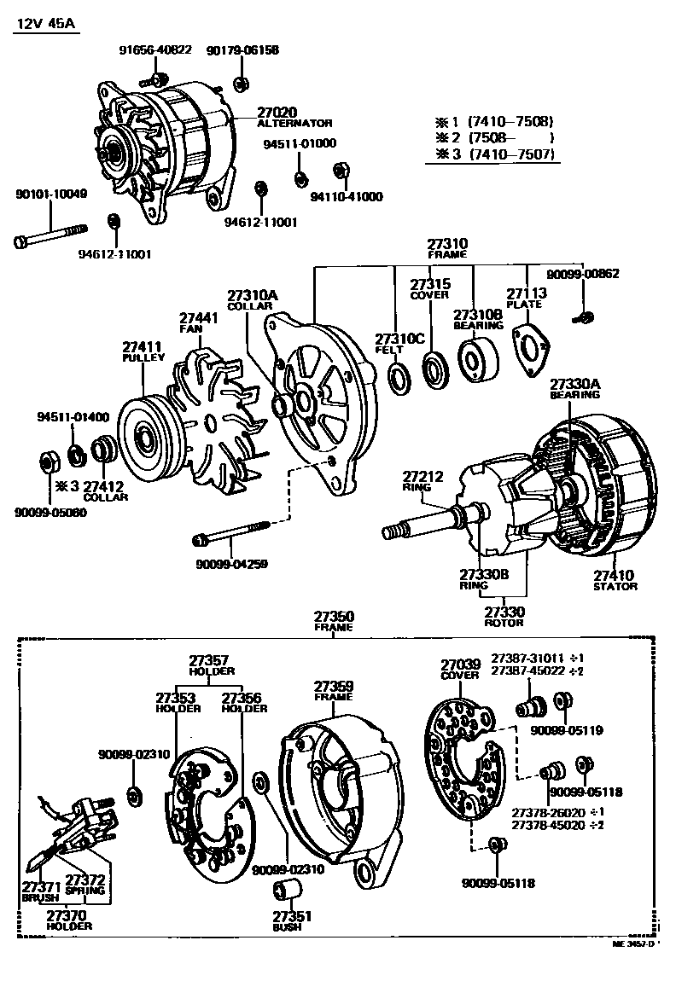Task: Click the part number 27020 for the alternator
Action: (x=276, y=112)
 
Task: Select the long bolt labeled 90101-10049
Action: (x=50, y=236)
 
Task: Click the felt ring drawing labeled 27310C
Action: (x=399, y=376)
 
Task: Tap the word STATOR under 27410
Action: (x=615, y=587)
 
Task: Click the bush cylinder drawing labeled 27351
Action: (x=284, y=891)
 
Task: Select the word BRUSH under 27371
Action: (x=40, y=898)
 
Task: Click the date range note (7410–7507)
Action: (x=511, y=154)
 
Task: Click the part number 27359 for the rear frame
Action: (x=334, y=686)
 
